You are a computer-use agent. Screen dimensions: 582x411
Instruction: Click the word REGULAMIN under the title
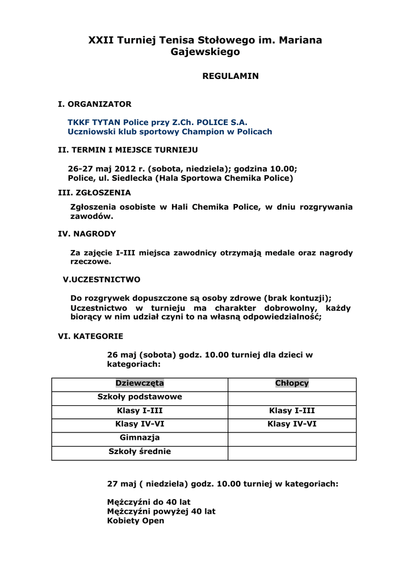(230, 76)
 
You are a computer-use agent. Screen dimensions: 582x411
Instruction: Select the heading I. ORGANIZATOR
(95, 104)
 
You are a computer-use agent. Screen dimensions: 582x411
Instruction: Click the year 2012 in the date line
(125, 169)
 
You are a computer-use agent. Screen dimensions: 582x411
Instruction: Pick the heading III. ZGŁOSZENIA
(95, 193)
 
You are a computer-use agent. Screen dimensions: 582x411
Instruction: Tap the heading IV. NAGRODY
(87, 234)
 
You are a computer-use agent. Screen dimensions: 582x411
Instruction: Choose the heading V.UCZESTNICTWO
(102, 280)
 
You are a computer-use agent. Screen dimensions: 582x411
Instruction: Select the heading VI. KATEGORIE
(91, 336)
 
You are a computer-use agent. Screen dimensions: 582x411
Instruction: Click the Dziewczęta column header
(140, 384)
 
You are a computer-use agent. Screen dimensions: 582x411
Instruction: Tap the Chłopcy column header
(292, 384)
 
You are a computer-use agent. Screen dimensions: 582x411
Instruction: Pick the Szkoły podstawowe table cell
(140, 397)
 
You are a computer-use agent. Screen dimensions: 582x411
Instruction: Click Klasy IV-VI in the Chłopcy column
(292, 424)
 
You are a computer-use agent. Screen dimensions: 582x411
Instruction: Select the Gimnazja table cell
(140, 438)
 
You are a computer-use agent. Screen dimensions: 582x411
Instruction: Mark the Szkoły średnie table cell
(140, 452)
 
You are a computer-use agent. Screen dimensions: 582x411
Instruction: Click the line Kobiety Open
(136, 521)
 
